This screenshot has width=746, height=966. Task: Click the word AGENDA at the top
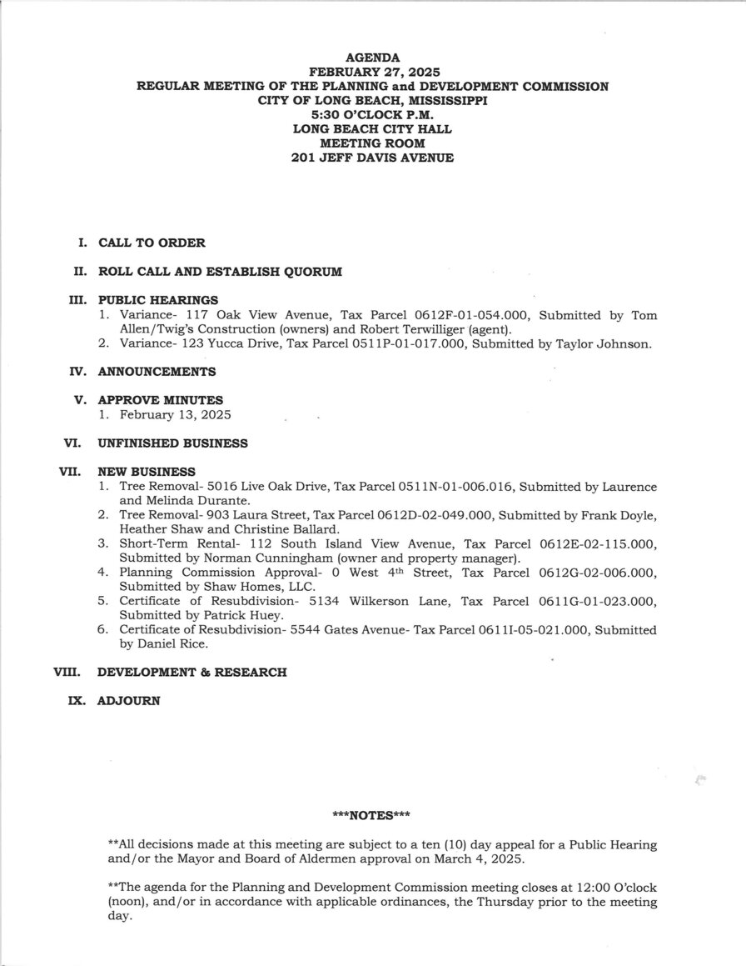(x=372, y=58)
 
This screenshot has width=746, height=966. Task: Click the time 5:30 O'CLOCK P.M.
(x=372, y=114)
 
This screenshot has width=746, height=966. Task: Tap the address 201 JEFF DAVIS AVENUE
(x=372, y=158)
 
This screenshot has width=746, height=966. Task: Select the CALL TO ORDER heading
(x=152, y=243)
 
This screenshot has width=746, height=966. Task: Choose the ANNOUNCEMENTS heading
(x=157, y=372)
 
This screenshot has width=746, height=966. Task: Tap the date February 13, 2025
(x=175, y=414)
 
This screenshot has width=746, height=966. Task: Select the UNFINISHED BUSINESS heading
(x=172, y=443)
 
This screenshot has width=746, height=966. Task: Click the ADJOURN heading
(x=128, y=701)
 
